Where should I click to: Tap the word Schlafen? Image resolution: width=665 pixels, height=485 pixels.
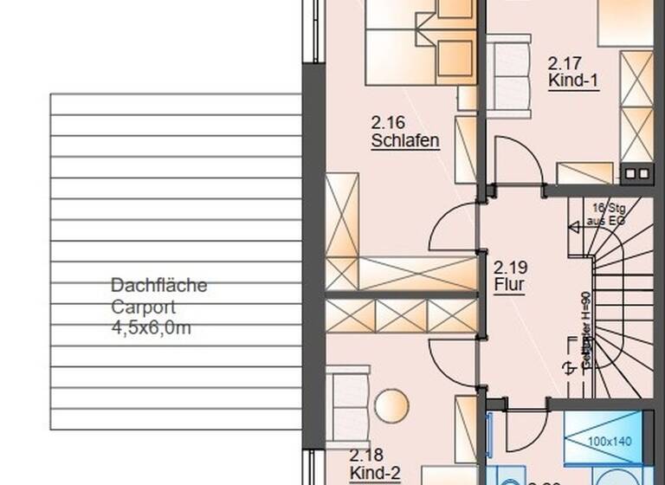(405, 140)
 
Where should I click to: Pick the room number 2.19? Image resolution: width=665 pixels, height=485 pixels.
(510, 267)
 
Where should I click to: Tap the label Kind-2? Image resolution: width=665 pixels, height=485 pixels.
(375, 472)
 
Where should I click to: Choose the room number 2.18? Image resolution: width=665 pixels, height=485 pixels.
(366, 454)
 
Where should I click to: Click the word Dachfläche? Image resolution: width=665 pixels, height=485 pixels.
(159, 286)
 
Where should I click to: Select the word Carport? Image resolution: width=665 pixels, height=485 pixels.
(143, 307)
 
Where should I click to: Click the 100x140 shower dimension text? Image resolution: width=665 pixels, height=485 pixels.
(610, 442)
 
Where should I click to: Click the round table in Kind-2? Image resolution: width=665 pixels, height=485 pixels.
(391, 406)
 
